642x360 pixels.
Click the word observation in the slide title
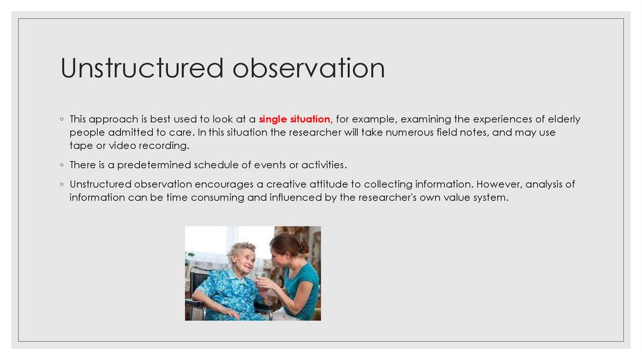[308, 68]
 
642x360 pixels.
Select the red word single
[273, 119]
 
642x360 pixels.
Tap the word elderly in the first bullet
[562, 119]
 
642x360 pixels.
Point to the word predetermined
[157, 165]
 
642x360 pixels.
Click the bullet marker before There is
[63, 166]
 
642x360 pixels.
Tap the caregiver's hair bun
[303, 246]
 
